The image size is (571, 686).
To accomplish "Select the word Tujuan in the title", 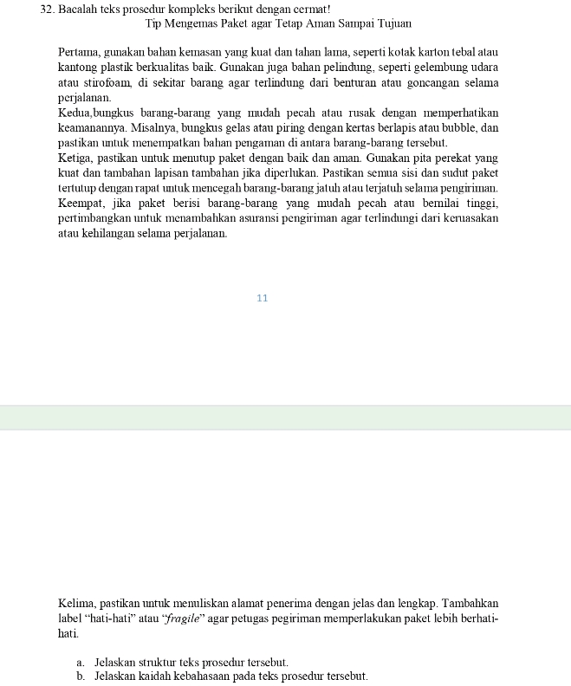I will (392, 23).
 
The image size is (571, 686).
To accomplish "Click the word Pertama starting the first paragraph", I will (78, 53).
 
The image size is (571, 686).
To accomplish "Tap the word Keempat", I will (81, 203).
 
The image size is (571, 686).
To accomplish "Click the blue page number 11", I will (263, 298).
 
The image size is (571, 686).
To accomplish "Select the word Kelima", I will (77, 603).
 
